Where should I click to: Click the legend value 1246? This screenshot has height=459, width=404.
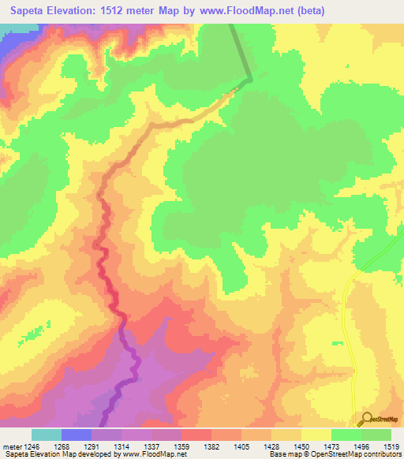tap(32, 446)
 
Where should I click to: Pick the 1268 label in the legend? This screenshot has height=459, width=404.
tap(62, 446)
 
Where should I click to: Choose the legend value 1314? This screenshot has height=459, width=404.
tap(122, 446)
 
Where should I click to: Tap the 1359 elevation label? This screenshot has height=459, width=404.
tap(181, 446)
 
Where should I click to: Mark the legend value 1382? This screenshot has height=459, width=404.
tap(211, 446)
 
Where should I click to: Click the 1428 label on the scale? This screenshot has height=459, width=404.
tap(271, 446)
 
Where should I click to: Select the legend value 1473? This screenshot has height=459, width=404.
tap(331, 446)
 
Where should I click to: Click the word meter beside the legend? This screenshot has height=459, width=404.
tap(10, 446)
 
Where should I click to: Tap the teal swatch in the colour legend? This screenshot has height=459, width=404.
tap(47, 435)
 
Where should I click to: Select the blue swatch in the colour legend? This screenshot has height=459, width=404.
tap(77, 435)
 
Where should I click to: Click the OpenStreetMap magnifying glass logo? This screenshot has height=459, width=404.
tap(367, 419)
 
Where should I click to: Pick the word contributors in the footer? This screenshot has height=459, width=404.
tap(381, 455)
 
